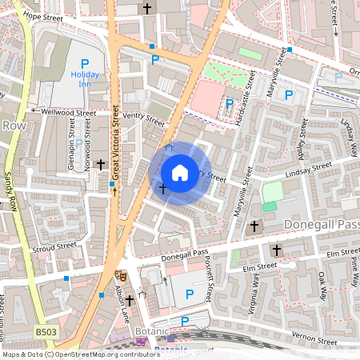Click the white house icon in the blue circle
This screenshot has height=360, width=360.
pos(180,172)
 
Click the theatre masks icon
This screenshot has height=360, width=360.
pos(120,274)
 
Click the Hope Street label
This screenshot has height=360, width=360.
pos(42,15)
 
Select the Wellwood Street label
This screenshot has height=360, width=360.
pos(62,112)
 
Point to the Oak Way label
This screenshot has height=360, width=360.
pos(322,286)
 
